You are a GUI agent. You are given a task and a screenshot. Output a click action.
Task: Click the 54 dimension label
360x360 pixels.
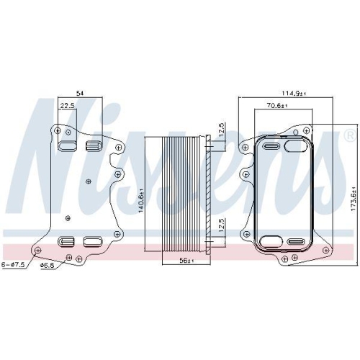click(80, 93)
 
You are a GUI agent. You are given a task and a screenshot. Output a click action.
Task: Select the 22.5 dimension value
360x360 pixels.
click(67, 106)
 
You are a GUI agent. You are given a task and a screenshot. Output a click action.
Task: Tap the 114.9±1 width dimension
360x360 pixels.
click(294, 93)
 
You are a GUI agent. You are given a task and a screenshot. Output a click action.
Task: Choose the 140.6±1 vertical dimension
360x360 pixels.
click(141, 199)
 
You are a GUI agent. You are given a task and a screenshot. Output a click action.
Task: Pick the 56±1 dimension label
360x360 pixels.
click(187, 261)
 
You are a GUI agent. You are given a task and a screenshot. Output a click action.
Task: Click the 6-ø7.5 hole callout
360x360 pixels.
click(13, 265)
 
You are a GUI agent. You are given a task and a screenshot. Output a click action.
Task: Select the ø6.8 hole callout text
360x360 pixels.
click(48, 265)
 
